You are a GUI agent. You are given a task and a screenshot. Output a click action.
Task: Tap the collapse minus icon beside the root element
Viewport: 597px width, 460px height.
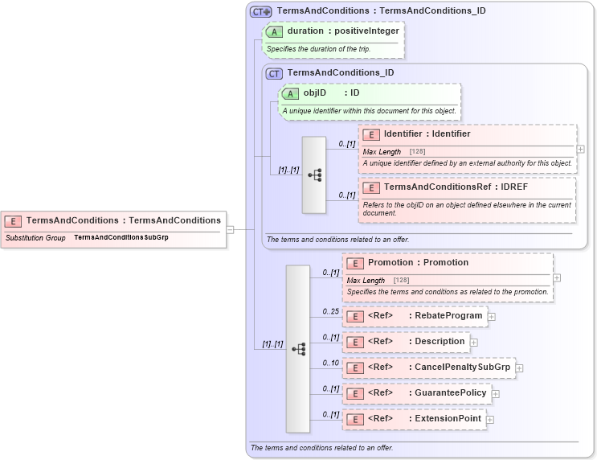pos(231,228)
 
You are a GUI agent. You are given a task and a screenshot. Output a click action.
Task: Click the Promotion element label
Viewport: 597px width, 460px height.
pos(418,263)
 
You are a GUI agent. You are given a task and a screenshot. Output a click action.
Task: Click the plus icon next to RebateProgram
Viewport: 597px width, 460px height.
pos(492,317)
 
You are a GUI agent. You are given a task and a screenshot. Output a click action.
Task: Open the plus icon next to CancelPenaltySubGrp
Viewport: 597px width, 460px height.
pos(519,368)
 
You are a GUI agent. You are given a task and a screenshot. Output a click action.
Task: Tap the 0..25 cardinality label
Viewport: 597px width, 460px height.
pos(329,311)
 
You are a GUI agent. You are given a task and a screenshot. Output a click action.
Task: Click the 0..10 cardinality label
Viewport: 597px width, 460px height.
pos(329,363)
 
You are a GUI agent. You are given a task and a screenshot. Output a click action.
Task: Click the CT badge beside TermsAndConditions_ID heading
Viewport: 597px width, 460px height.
pos(274,72)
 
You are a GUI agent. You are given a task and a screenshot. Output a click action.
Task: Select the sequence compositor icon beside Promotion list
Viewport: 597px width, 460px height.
pos(298,348)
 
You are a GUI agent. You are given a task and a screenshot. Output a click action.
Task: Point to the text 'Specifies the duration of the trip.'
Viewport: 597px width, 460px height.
pos(318,49)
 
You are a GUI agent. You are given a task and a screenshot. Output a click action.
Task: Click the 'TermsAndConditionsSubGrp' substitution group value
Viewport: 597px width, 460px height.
pos(121,237)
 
